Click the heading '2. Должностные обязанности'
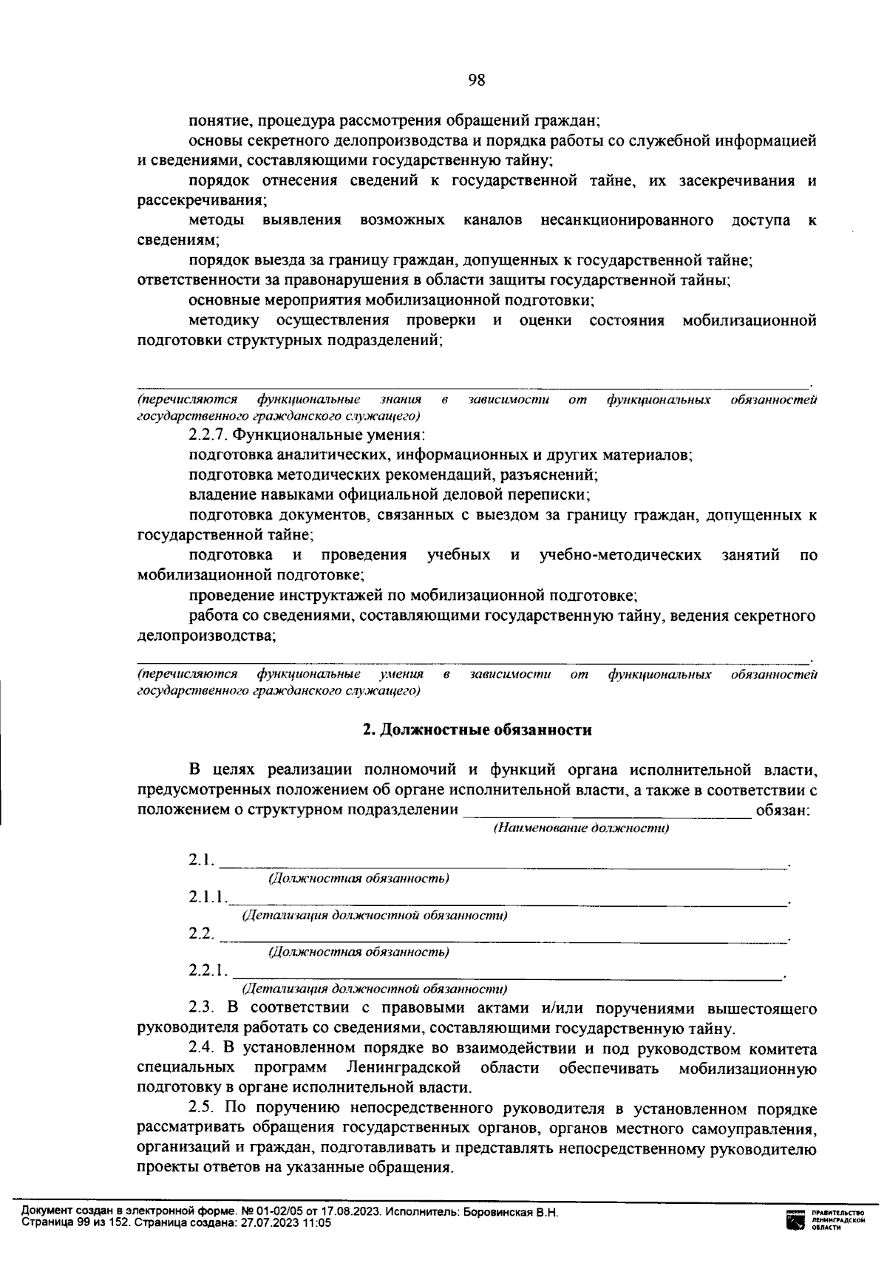tap(477, 730)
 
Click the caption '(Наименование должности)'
tap(581, 828)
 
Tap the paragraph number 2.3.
tap(200, 1008)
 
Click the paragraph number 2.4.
tap(200, 1049)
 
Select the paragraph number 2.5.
tap(200, 1109)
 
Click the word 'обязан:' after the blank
tap(783, 810)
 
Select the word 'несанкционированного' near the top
tap(627, 220)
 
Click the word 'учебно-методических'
tap(620, 555)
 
